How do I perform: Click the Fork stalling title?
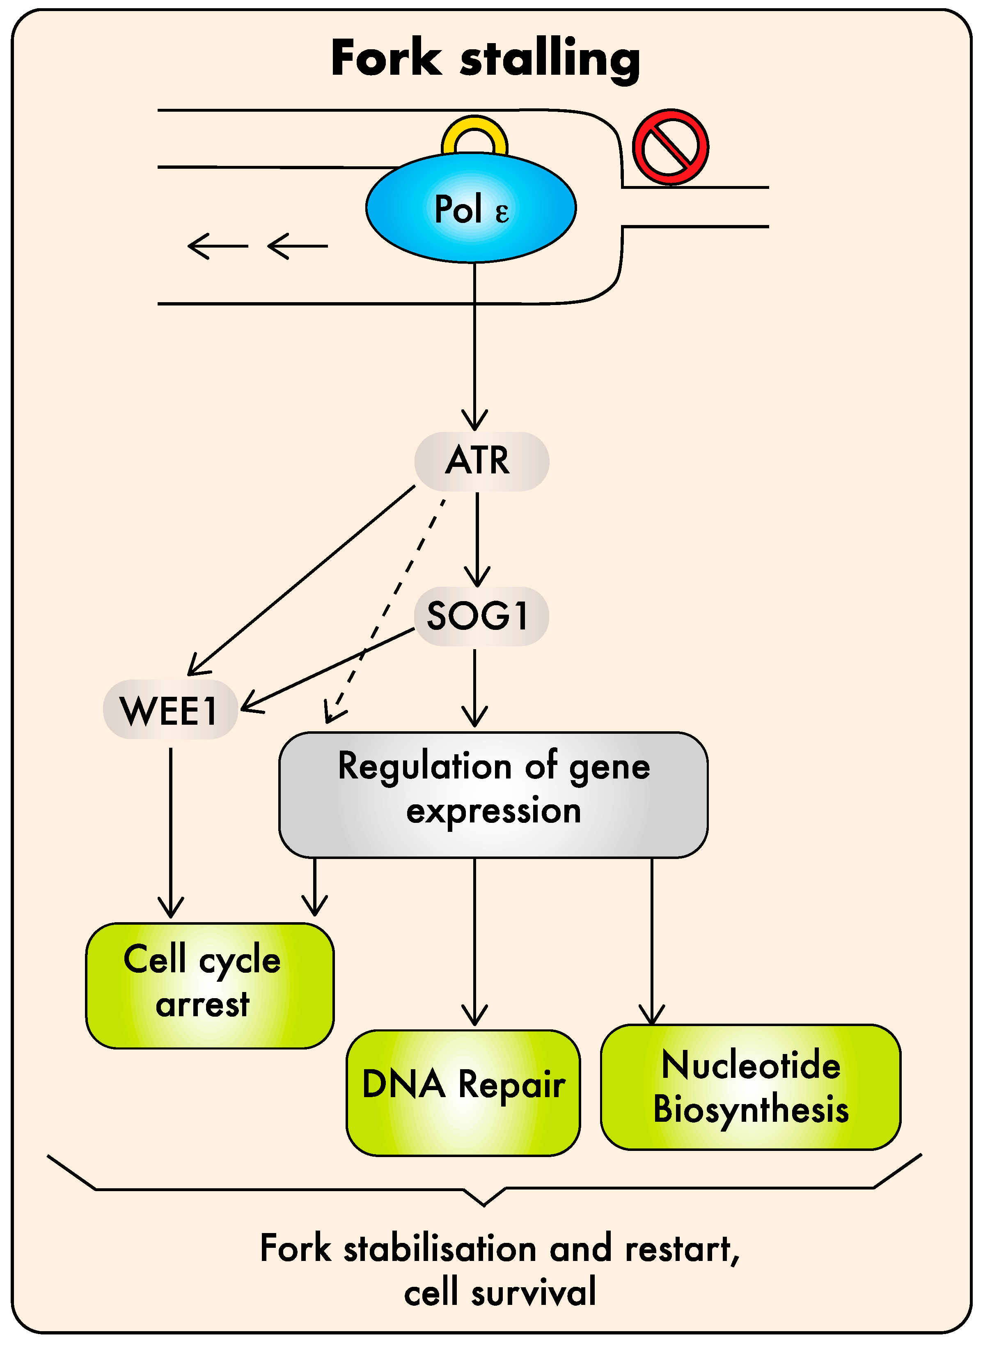tap(486, 59)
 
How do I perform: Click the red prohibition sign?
tap(671, 147)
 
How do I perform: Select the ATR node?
tap(481, 461)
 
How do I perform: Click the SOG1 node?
tap(481, 616)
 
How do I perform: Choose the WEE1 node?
tap(170, 710)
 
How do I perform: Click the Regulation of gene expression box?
tap(493, 795)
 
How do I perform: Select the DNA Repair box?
tap(463, 1093)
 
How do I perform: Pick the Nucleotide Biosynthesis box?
tap(751, 1087)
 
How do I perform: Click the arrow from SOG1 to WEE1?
tap(327, 670)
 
